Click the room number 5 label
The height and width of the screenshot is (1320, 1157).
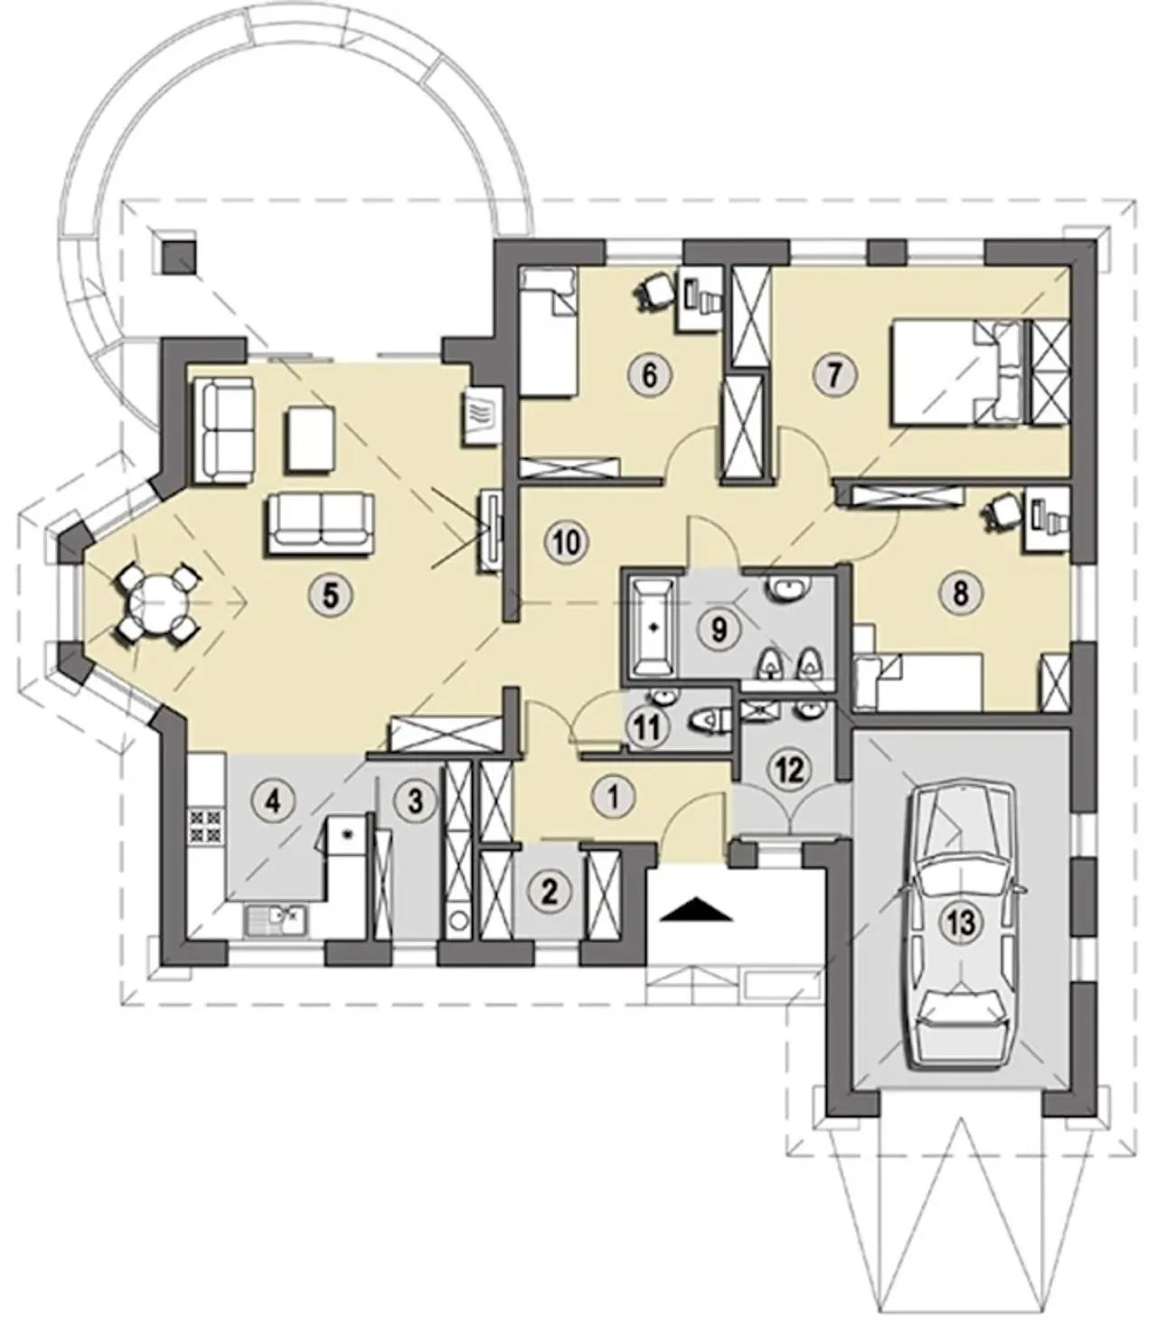331,595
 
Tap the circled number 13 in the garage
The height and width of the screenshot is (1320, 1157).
963,922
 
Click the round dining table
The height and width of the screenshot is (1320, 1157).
155,604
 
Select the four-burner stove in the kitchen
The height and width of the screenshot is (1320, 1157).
206,826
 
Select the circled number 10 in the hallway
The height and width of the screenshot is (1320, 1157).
567,542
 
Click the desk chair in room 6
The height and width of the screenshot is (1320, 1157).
654,291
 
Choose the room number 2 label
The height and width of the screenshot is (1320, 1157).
549,892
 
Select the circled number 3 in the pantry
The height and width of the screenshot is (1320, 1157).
415,800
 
